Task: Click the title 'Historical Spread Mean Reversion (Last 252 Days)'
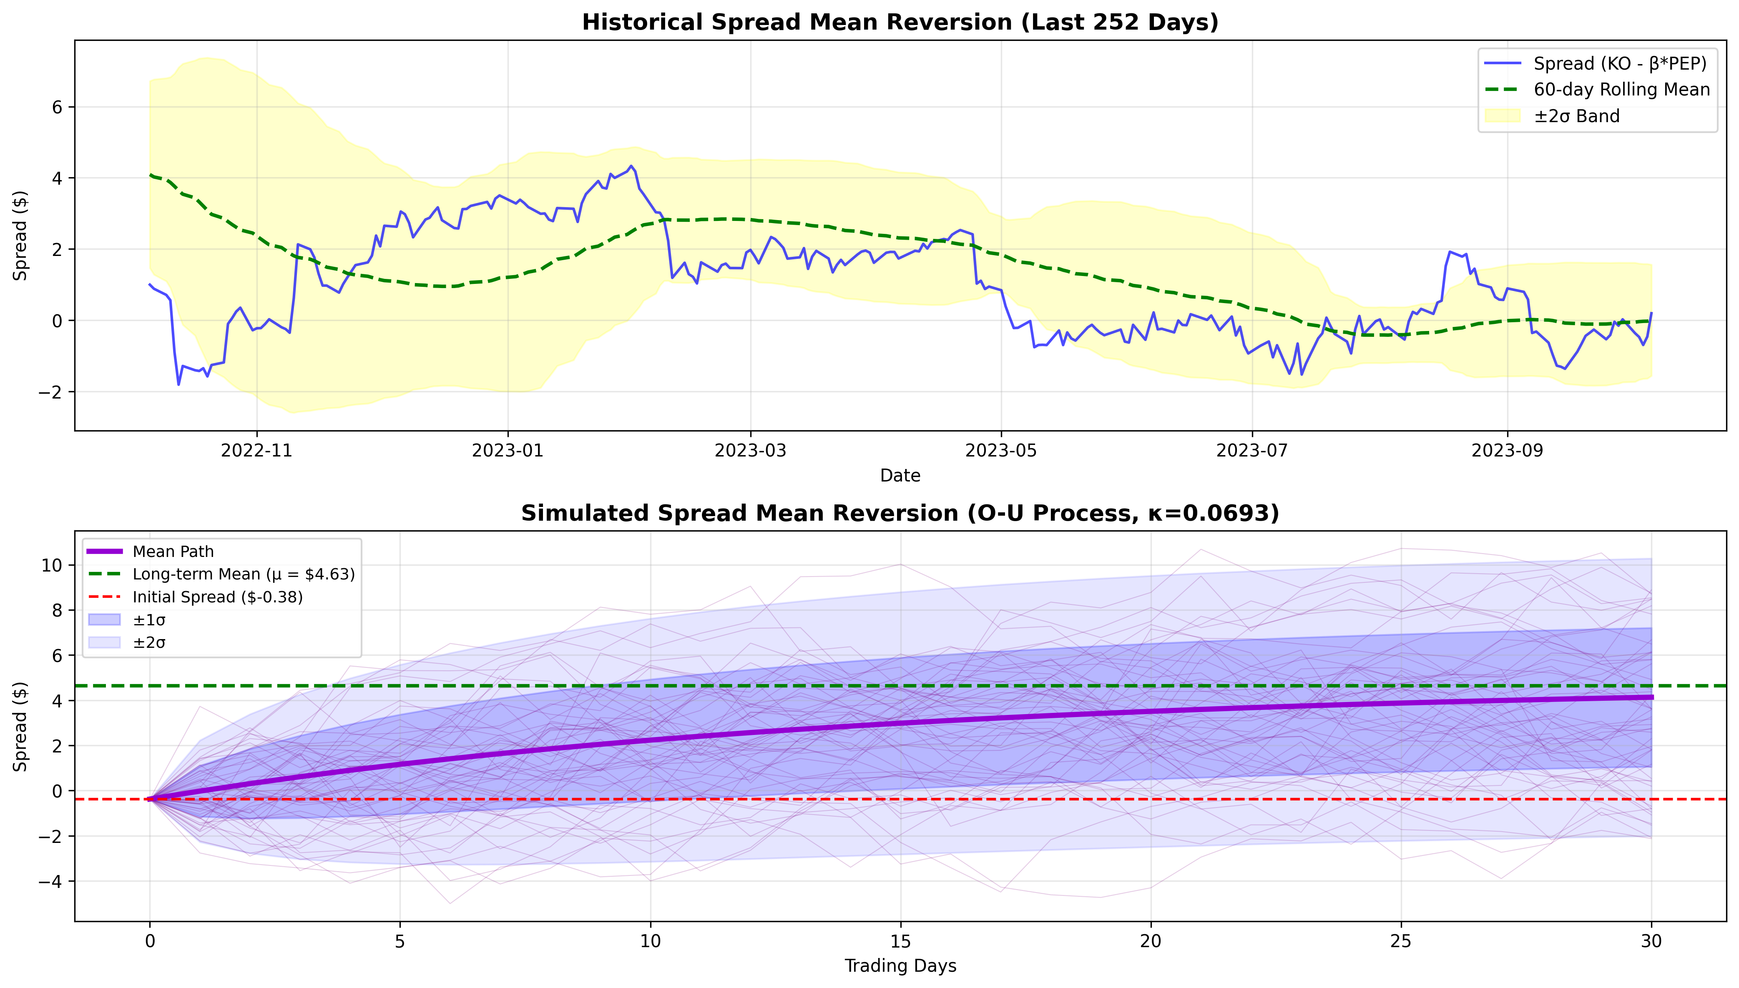click(900, 23)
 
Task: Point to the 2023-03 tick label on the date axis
click(750, 451)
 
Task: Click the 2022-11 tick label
click(256, 451)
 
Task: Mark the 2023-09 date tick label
click(1508, 451)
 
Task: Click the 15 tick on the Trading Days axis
click(901, 941)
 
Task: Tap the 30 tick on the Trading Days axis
click(1651, 941)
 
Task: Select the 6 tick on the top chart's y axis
click(58, 107)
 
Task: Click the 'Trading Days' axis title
click(900, 965)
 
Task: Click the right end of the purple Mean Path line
click(1651, 697)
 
